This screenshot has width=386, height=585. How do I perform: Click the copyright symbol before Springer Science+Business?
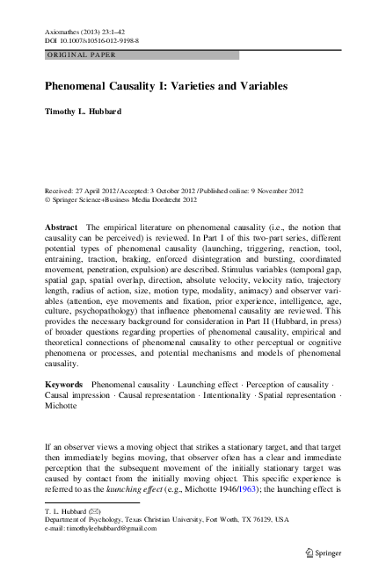coord(47,199)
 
